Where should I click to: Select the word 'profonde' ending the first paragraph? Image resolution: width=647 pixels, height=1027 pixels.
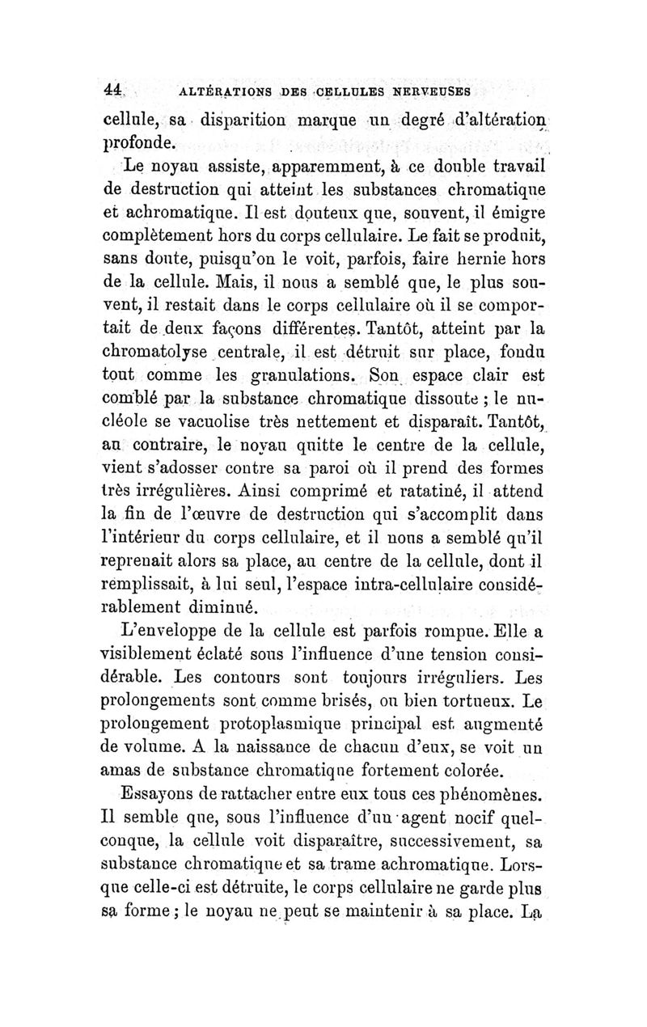(x=142, y=146)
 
